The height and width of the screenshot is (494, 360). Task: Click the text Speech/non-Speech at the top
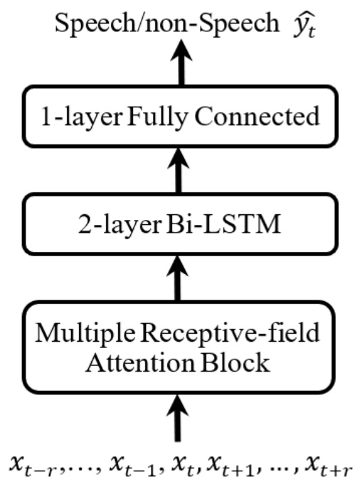click(x=146, y=26)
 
